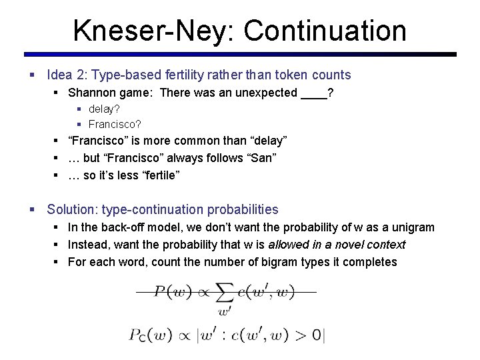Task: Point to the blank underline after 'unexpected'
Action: pos(313,93)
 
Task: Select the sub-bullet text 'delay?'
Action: pos(104,109)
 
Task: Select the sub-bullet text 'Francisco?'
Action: pos(115,124)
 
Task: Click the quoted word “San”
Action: pos(263,158)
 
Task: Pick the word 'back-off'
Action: pos(122,227)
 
